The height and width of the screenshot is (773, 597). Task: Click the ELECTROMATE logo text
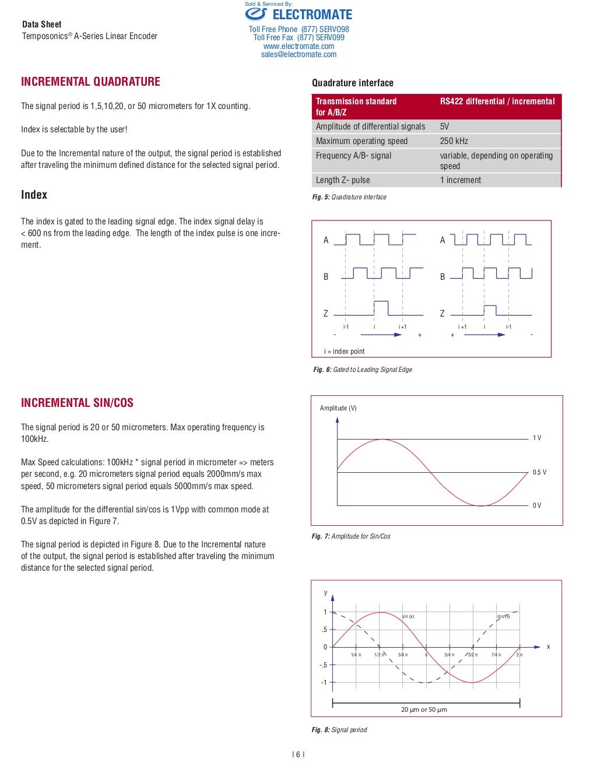(312, 15)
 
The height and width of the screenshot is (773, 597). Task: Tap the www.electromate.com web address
(298, 46)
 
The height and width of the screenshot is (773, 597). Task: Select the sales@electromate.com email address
(298, 54)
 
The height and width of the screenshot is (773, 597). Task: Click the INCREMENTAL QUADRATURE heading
(90, 82)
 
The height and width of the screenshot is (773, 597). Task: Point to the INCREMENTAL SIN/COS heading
(77, 403)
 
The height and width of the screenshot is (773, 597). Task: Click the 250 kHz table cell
(454, 141)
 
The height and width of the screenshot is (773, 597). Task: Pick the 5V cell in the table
(444, 127)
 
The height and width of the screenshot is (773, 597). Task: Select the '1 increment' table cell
(460, 180)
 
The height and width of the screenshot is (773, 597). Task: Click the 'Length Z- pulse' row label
(343, 180)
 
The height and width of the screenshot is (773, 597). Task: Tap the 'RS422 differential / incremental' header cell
(497, 101)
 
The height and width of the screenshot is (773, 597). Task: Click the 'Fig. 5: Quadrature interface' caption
(349, 197)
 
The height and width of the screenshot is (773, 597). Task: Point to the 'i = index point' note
(344, 352)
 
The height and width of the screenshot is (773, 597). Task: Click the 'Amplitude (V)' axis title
(338, 408)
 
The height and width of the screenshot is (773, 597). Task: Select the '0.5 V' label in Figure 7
(539, 472)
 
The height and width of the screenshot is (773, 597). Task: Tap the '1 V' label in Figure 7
(536, 438)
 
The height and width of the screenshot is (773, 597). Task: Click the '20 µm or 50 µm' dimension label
(424, 709)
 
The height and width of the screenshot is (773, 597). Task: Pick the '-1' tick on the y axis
(324, 682)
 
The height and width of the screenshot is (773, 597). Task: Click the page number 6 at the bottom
(298, 754)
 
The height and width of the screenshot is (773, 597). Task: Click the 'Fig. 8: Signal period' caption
(339, 730)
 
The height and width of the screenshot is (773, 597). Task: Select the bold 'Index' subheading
(34, 195)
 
